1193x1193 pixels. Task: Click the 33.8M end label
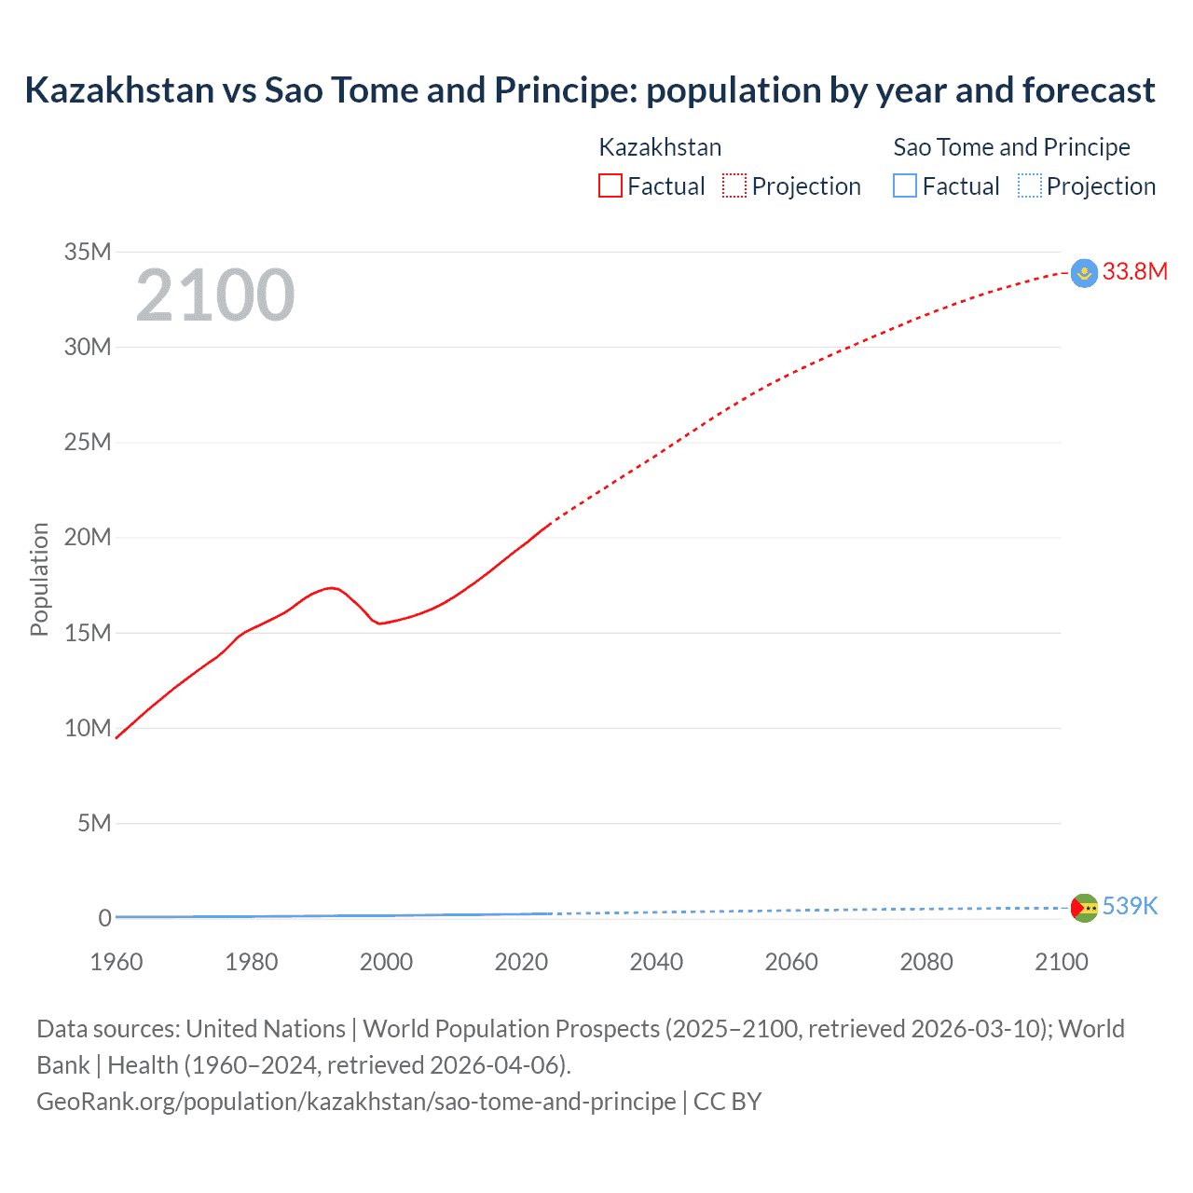(x=1134, y=271)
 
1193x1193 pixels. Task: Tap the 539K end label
(x=1130, y=906)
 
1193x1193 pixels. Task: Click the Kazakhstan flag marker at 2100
(x=1084, y=273)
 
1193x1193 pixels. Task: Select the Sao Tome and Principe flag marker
(x=1084, y=908)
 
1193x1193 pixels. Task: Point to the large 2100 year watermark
(x=215, y=295)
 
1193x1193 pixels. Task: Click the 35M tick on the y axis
(x=88, y=252)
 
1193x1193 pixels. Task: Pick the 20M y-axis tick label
(x=88, y=537)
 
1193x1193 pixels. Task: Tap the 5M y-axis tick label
(x=94, y=823)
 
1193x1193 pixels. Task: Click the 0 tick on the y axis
(x=104, y=918)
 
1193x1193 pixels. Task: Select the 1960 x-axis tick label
(x=117, y=962)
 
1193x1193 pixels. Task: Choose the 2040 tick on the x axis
(x=656, y=962)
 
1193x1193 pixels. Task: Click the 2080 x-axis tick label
(x=926, y=962)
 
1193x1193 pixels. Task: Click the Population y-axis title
(x=39, y=579)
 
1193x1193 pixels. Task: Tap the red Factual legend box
(x=610, y=185)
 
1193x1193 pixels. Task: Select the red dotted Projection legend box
(x=734, y=185)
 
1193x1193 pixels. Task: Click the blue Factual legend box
(x=905, y=185)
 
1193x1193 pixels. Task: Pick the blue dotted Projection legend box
(x=1030, y=185)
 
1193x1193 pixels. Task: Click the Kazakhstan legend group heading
(x=660, y=147)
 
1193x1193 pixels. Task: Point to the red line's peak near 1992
(x=332, y=587)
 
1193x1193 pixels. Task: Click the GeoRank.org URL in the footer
(x=356, y=1102)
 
